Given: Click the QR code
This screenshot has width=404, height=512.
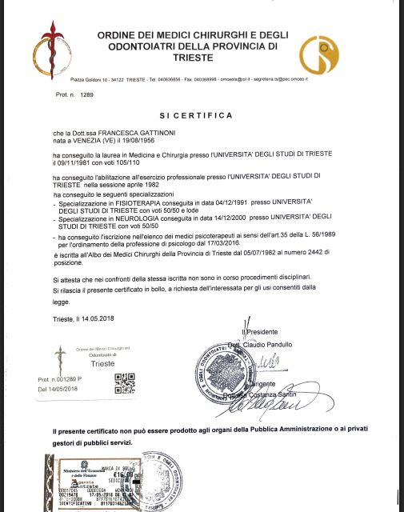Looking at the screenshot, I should point(125,384).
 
